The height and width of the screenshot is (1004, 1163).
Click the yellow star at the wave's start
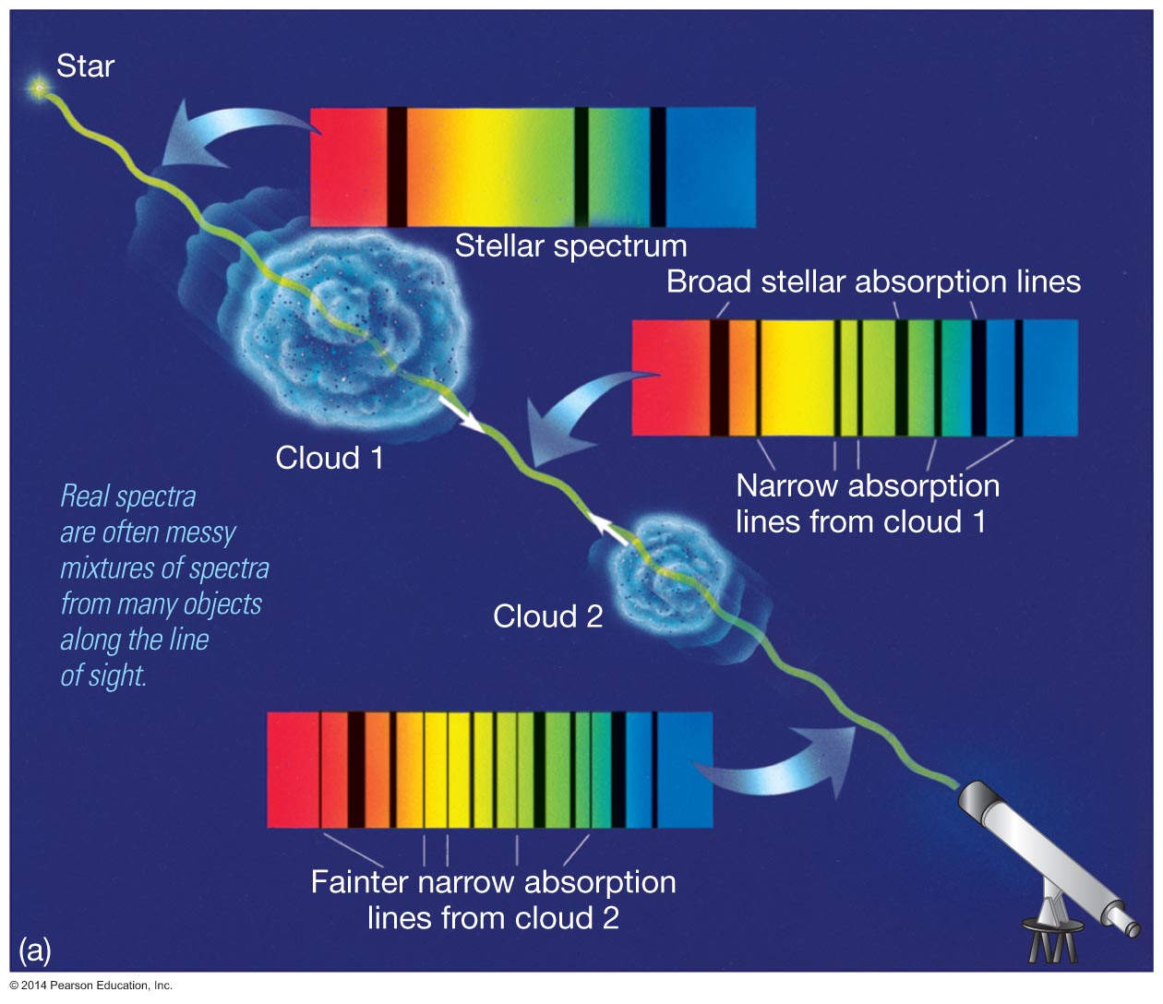[x=39, y=89]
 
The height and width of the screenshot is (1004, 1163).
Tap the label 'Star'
[x=85, y=66]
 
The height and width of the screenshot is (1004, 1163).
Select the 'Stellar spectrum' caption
[x=570, y=246]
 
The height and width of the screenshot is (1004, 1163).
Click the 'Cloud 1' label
[x=329, y=458]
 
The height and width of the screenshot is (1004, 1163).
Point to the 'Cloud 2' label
[x=547, y=616]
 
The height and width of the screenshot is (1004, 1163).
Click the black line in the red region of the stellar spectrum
[x=396, y=167]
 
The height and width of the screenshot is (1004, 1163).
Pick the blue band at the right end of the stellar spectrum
[x=711, y=167]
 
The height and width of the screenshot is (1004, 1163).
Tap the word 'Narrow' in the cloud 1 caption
[x=787, y=485]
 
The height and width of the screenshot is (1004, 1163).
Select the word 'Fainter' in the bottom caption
[x=359, y=882]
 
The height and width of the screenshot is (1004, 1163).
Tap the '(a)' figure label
[x=35, y=950]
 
